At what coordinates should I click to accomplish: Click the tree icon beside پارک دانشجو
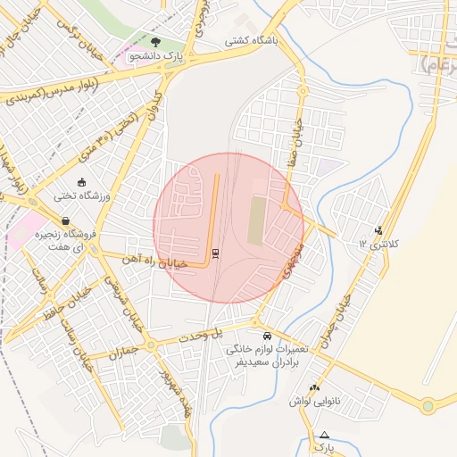tap(157, 41)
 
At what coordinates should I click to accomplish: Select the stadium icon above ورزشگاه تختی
tap(82, 182)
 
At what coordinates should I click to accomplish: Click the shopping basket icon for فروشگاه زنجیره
tap(65, 220)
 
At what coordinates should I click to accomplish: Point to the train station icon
tap(215, 253)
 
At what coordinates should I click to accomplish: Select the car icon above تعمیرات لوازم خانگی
tap(268, 336)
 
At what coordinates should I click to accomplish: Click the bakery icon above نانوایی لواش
tap(313, 387)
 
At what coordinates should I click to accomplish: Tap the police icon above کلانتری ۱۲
tap(379, 230)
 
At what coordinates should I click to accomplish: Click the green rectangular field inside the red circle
tap(257, 220)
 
